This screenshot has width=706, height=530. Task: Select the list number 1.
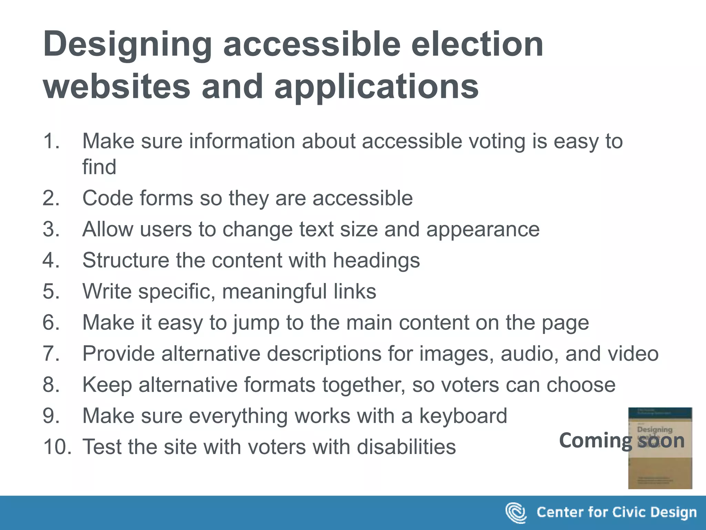coord(51,141)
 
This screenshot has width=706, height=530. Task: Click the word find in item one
coord(99,167)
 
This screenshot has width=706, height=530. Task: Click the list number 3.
coord(51,229)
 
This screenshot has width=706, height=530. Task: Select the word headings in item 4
coord(376,261)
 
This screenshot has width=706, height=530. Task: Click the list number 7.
coord(51,354)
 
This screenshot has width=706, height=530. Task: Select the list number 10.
coord(57,447)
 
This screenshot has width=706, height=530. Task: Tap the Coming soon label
coord(622,441)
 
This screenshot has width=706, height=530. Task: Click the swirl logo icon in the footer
coord(516,513)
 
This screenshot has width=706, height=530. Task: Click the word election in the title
coord(477,45)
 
